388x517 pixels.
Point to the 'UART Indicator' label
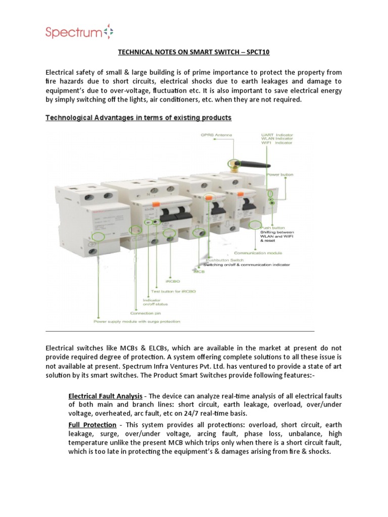pyautogui.click(x=276, y=135)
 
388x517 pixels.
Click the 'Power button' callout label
pyautogui.click(x=279, y=175)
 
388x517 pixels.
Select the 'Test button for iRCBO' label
pyautogui.click(x=172, y=291)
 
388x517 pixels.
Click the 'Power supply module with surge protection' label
pyautogui.click(x=136, y=321)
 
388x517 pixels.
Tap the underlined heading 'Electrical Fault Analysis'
pyautogui.click(x=105, y=396)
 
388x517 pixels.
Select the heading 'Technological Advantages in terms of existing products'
pyautogui.click(x=138, y=118)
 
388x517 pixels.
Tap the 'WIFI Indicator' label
pyautogui.click(x=275, y=143)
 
